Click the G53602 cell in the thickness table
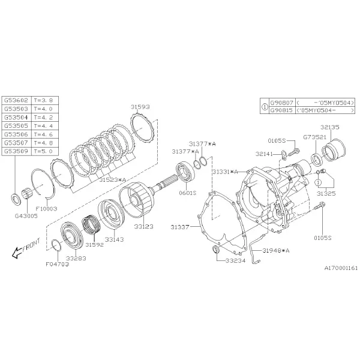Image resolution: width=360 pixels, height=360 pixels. (16, 101)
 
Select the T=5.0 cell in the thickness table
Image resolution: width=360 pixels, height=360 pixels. (45, 151)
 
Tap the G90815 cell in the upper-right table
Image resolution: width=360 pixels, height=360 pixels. (281, 110)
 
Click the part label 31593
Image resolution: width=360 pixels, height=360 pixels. (140, 107)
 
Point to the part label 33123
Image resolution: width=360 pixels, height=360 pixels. (143, 227)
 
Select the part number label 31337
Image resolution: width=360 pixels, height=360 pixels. (180, 227)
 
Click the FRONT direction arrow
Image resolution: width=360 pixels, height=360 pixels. (17, 253)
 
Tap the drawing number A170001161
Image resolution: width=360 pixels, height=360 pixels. (341, 268)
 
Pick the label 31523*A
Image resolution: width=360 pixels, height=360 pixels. (113, 180)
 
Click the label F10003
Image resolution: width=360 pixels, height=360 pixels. (46, 209)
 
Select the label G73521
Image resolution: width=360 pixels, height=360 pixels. (315, 137)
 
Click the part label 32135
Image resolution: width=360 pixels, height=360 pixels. (329, 127)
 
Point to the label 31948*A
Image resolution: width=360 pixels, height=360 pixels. (276, 250)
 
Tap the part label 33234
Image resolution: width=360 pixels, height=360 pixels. (235, 260)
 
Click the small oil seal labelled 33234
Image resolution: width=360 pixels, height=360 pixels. (216, 249)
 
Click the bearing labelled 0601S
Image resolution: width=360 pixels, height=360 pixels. (186, 171)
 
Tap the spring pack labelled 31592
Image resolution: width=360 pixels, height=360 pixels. (91, 224)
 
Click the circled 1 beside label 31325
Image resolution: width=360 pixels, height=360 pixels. (318, 182)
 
